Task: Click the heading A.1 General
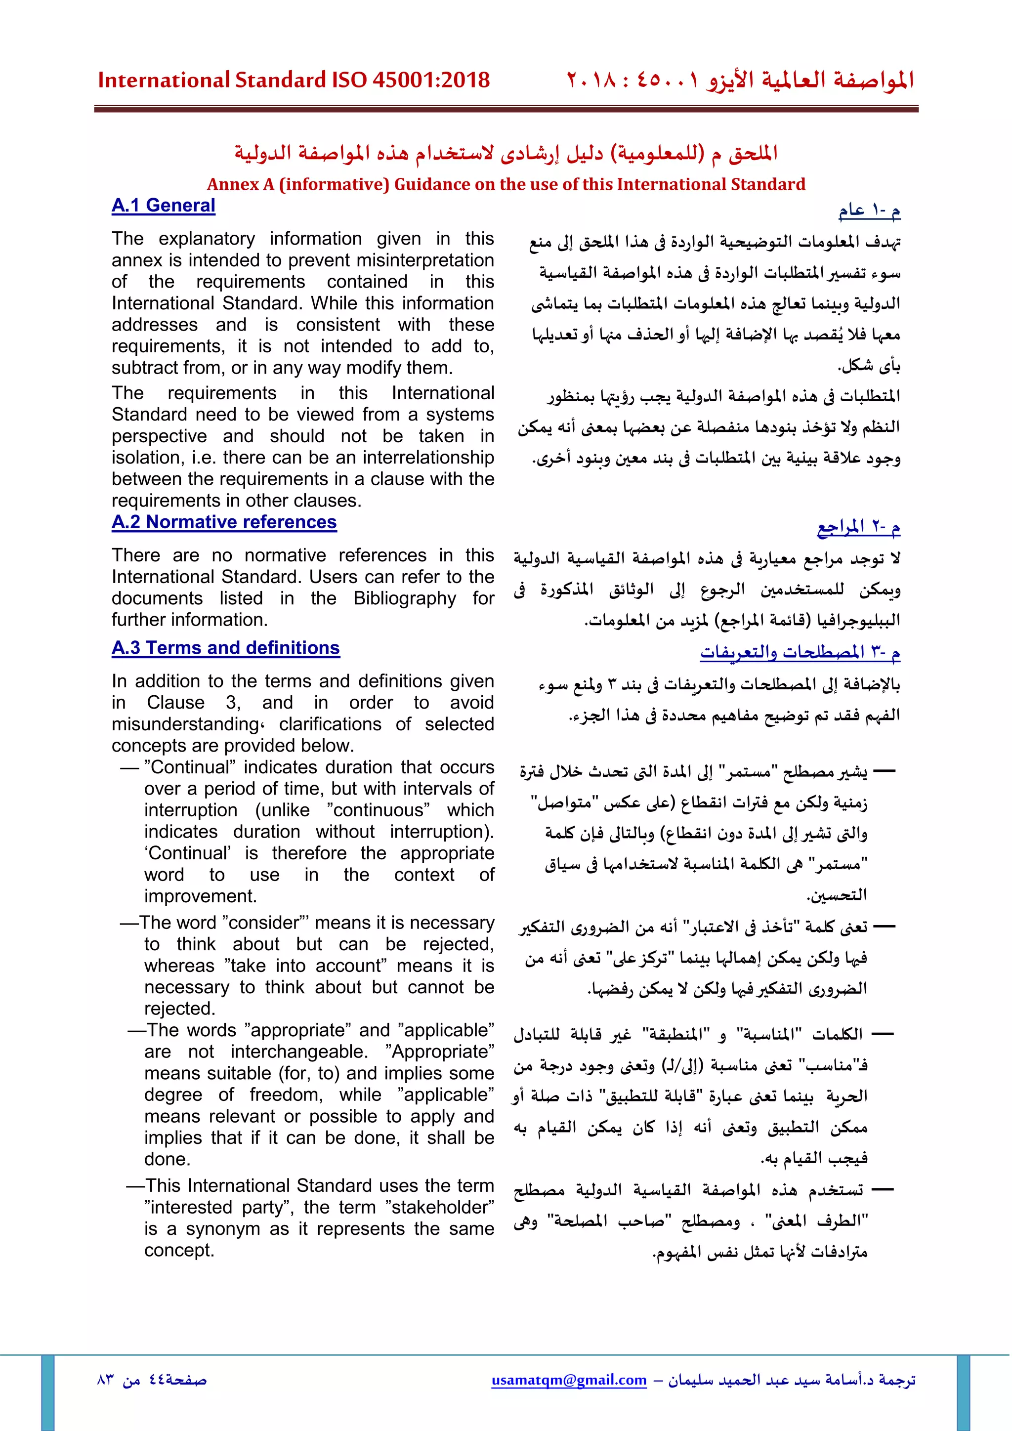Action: pyautogui.click(x=163, y=206)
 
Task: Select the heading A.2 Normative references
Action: pyautogui.click(x=224, y=522)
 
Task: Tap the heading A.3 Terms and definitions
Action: pyautogui.click(x=226, y=648)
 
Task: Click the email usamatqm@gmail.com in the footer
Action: pyautogui.click(x=569, y=1380)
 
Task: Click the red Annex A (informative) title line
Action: pyautogui.click(x=506, y=184)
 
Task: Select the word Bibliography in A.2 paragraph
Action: pyautogui.click(x=404, y=598)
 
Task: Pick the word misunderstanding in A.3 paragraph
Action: pyautogui.click(x=184, y=724)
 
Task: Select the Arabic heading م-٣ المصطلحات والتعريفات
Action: pyautogui.click(x=800, y=653)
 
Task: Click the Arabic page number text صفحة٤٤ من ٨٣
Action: pyautogui.click(x=151, y=1380)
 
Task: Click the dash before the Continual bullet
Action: pyautogui.click(x=129, y=768)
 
